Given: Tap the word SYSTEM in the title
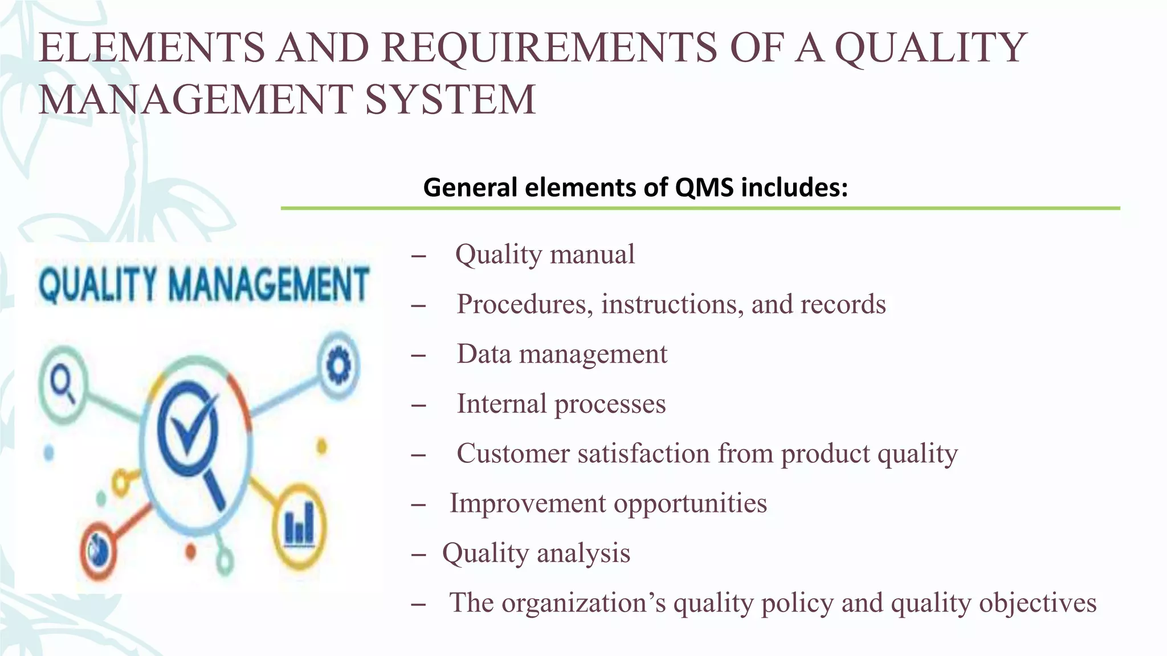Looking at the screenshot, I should click(x=450, y=100).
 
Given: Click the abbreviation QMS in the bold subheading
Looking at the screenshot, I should click(x=704, y=187).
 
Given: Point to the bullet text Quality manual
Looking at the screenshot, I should click(x=545, y=255).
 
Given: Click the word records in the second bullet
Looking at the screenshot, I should click(x=843, y=304).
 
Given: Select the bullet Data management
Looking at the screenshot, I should click(x=562, y=354).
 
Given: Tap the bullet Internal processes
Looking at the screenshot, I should click(x=561, y=404).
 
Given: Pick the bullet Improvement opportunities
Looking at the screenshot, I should click(x=608, y=503).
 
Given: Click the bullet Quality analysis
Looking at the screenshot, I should click(x=536, y=553).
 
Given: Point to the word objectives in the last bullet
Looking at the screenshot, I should click(x=1037, y=603).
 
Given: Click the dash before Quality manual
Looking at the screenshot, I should click(x=418, y=256).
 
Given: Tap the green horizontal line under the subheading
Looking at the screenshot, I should click(x=700, y=208).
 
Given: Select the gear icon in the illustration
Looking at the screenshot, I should click(x=338, y=364).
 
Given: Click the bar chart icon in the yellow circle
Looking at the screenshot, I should click(x=299, y=524).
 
